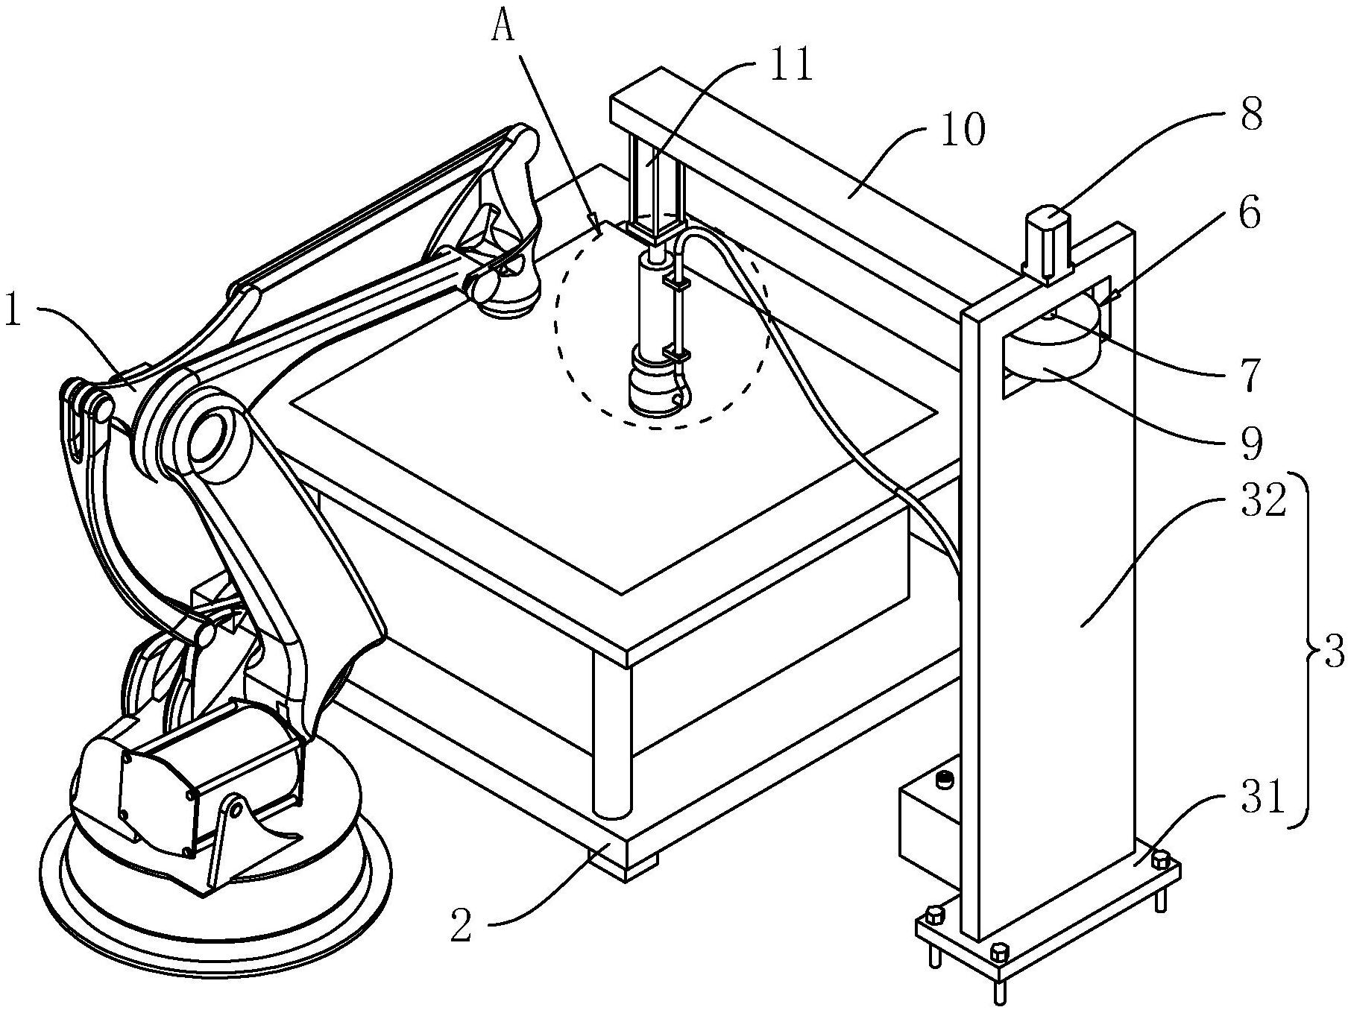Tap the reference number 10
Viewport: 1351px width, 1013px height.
963,131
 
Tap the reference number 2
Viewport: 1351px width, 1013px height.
462,927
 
